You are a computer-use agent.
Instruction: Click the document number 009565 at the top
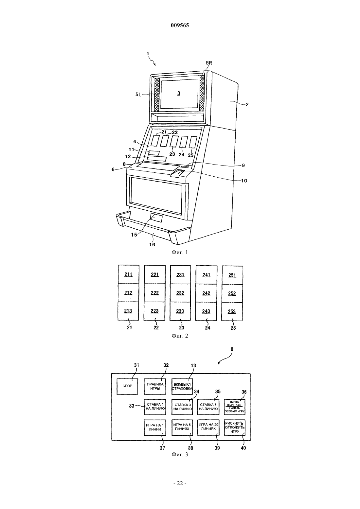click(x=180, y=25)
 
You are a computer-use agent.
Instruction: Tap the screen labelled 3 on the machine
click(x=179, y=93)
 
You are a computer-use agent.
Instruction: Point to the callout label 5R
click(x=209, y=63)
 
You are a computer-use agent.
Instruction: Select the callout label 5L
click(x=138, y=95)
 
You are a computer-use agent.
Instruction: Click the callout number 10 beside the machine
click(x=244, y=181)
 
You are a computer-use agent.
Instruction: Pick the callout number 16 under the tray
click(x=152, y=244)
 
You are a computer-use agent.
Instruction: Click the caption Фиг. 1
click(x=180, y=252)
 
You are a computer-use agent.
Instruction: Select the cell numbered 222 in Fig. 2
click(x=154, y=293)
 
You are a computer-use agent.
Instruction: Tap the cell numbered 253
click(x=232, y=311)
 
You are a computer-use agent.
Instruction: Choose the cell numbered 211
click(x=128, y=274)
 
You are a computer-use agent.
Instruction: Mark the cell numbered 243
click(x=206, y=311)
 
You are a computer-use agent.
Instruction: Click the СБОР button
click(x=127, y=386)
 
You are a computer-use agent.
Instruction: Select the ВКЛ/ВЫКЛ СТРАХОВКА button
click(x=182, y=386)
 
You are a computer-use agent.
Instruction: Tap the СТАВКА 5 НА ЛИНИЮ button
click(x=208, y=407)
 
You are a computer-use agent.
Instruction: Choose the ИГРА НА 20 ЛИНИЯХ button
click(x=208, y=428)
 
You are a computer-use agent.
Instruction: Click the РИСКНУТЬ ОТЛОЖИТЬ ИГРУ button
click(x=235, y=428)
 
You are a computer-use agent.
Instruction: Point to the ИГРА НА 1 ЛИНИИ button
click(x=155, y=428)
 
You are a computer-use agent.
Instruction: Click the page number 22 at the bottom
click(x=180, y=483)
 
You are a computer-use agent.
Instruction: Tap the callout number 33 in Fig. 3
click(x=132, y=406)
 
